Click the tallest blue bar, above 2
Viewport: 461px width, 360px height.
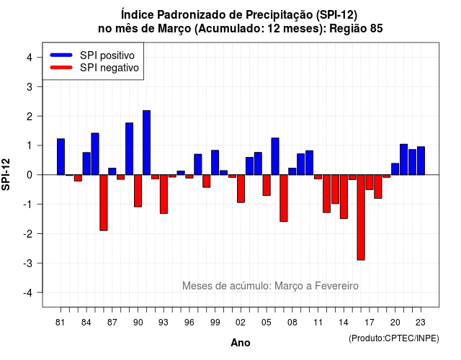[x=146, y=143]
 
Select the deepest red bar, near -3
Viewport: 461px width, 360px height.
[x=361, y=217]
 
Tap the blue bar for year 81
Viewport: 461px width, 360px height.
[x=61, y=157]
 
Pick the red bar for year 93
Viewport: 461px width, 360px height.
[x=164, y=194]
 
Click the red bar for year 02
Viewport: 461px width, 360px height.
[x=241, y=189]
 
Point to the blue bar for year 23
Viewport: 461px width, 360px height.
[x=421, y=161]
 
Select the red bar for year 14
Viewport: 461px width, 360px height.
[x=344, y=197]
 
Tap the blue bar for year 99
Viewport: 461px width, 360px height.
[x=215, y=163]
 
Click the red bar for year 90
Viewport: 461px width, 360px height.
[x=138, y=191]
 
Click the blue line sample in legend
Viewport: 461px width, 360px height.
[x=61, y=55]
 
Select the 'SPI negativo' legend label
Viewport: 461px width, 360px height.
[x=109, y=68]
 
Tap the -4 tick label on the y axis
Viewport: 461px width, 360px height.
[x=27, y=293]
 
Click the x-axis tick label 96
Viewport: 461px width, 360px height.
[x=189, y=323]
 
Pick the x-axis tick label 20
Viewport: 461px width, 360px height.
[x=395, y=323]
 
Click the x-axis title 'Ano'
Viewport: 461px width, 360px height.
[x=241, y=343]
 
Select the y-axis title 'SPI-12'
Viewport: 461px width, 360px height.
[x=6, y=174]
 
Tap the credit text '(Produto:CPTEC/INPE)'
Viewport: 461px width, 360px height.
[x=394, y=338]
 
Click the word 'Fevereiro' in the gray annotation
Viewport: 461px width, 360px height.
[x=336, y=286]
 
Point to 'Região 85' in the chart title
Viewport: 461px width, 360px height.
[x=356, y=29]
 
